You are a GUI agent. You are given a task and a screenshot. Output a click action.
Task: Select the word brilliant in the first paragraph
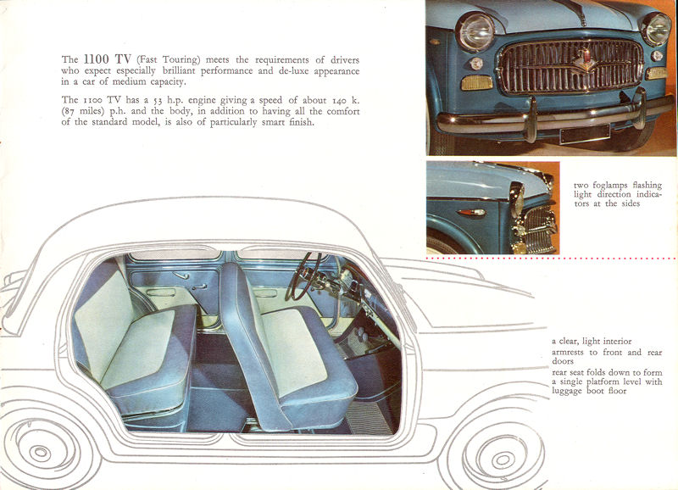click(179, 70)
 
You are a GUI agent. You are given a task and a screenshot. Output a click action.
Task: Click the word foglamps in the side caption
click(609, 186)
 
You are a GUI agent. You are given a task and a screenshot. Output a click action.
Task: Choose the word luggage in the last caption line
click(567, 392)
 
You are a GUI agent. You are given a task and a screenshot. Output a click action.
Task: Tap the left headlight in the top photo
click(476, 31)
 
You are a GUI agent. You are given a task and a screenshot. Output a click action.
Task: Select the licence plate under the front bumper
click(585, 134)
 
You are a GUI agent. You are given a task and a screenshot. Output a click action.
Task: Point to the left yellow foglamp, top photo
click(476, 82)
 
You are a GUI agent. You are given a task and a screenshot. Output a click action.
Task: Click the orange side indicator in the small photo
click(472, 212)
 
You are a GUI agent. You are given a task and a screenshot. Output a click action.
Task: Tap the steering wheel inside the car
click(306, 276)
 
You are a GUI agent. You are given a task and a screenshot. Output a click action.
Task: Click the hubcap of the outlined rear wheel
click(41, 453)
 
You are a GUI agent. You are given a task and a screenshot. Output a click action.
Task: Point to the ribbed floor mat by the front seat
click(369, 417)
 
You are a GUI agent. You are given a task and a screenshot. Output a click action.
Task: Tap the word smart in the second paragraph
click(273, 122)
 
